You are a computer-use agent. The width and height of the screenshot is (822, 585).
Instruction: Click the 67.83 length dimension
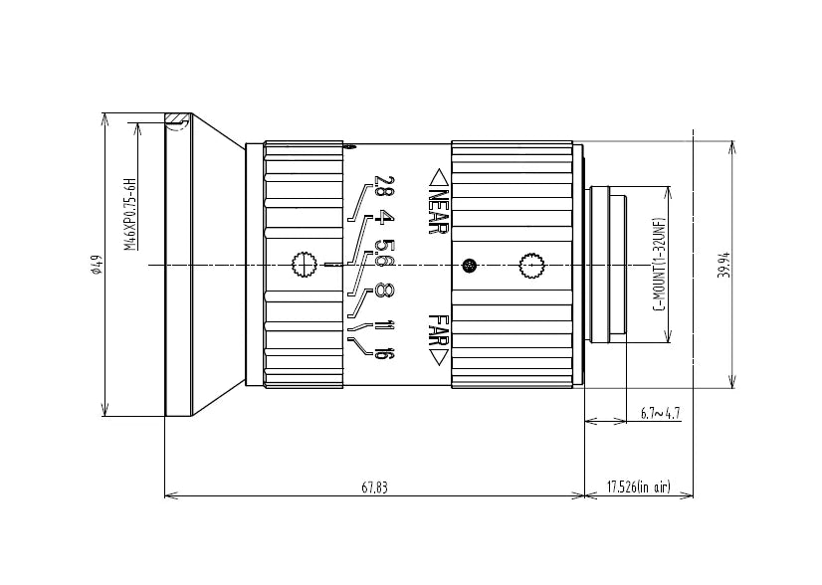[x=375, y=487]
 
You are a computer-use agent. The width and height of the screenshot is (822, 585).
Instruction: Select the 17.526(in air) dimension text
[x=639, y=487]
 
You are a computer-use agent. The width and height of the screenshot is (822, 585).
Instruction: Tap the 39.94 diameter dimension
[x=726, y=265]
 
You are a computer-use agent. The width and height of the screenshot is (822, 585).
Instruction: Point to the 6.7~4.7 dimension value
[x=661, y=413]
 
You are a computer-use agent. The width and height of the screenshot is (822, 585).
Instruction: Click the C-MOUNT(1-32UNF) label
[x=661, y=264]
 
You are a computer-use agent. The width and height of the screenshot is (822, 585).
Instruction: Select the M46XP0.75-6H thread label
[x=130, y=214]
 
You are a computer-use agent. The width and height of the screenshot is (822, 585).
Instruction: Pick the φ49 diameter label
[x=95, y=265]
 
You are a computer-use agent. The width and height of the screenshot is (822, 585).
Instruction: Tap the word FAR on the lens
[x=438, y=330]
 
